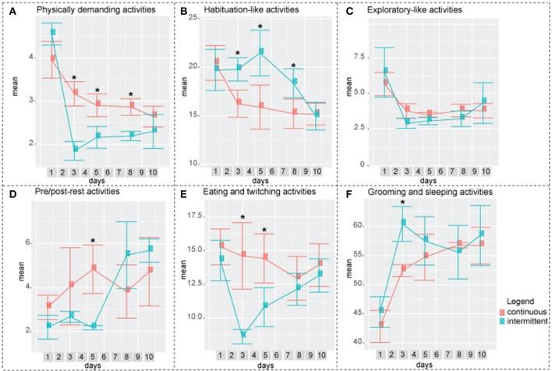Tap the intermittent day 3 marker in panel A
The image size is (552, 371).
click(x=76, y=149)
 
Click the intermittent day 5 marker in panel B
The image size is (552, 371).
click(x=262, y=51)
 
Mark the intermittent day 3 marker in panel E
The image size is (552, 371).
click(x=242, y=334)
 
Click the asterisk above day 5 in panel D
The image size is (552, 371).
click(x=93, y=242)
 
